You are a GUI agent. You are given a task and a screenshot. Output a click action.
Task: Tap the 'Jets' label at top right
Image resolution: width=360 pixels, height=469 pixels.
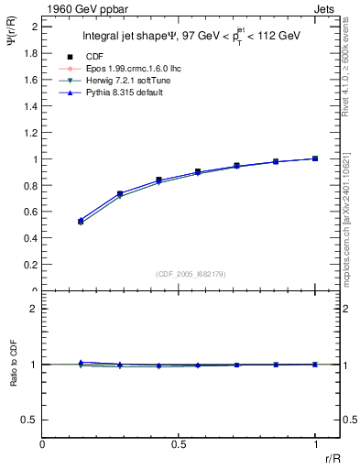coord(327,7)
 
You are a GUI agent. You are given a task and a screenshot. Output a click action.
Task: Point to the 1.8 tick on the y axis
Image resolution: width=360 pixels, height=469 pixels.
coord(30,53)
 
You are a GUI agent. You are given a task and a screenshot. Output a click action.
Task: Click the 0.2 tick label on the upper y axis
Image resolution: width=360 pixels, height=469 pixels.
coord(30,265)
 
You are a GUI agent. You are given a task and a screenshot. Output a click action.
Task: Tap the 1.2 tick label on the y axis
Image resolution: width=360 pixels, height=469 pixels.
coord(30,133)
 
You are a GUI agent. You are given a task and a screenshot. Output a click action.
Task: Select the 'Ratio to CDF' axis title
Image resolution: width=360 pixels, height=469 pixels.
coord(12,379)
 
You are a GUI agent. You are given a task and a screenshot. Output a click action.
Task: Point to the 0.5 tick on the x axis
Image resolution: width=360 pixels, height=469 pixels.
coord(179,443)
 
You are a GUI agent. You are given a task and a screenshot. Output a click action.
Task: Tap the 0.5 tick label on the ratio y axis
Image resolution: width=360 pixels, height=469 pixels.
coord(29,420)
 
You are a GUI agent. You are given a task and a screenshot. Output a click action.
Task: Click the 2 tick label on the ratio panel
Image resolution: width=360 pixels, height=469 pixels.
coord(34,310)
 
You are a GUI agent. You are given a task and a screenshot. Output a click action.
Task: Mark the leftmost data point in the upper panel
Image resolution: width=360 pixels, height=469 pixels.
coord(81,221)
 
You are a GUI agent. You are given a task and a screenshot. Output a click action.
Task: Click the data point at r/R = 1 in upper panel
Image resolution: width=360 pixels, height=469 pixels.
coord(315,158)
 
